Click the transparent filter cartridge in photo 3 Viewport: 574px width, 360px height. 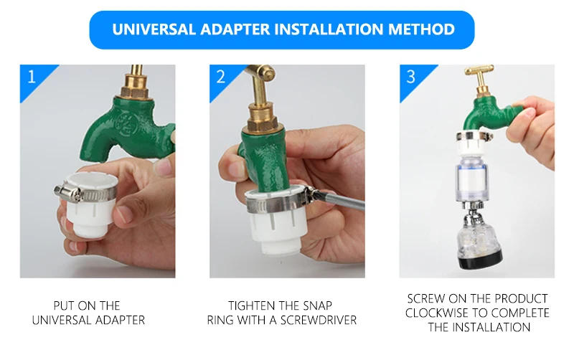(476, 179)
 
